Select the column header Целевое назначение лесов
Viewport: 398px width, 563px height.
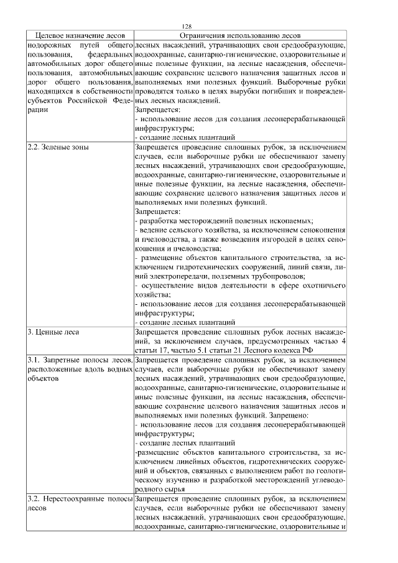click(x=80, y=36)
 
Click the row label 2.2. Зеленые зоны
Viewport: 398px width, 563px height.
click(x=58, y=147)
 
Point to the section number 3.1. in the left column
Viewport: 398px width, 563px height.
click(x=35, y=360)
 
